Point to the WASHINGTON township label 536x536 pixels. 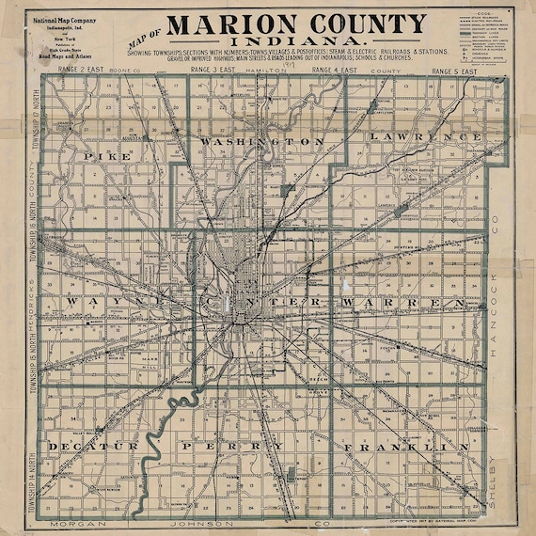tap(256, 140)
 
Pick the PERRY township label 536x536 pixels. tap(231, 445)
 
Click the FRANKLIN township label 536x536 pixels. tap(404, 445)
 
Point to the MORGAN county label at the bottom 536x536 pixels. tap(75, 522)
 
